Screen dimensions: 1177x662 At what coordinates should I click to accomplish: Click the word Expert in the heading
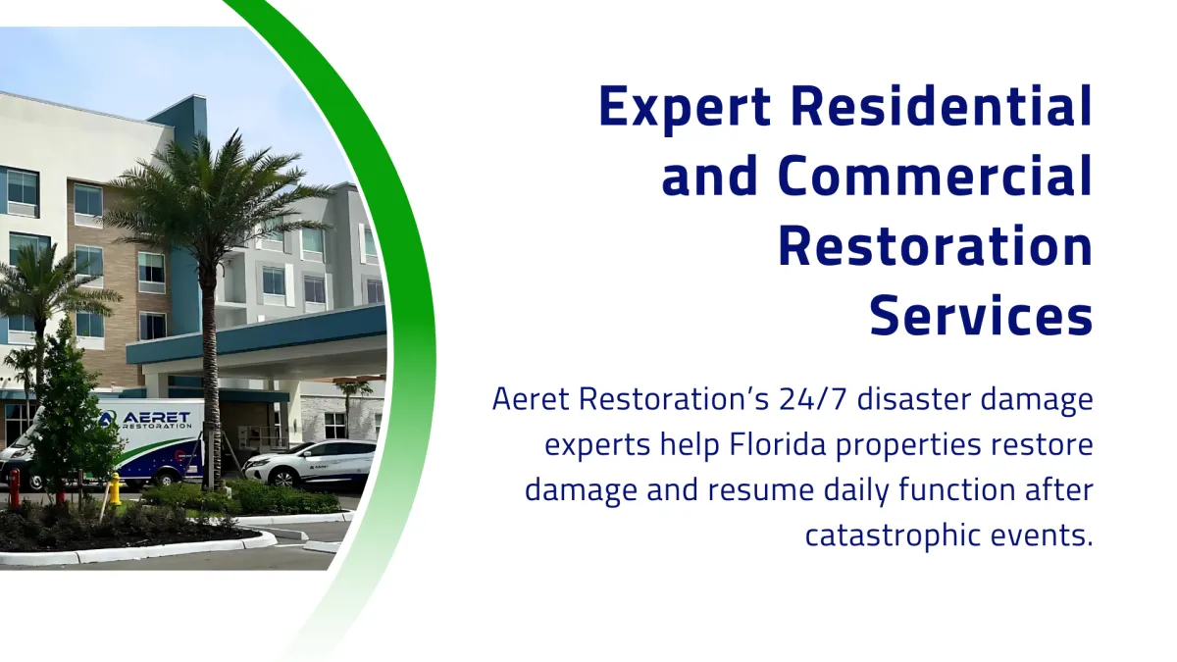[685, 109]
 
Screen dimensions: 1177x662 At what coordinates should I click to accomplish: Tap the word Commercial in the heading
[936, 176]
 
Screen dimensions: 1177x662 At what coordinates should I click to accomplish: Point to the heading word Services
[981, 315]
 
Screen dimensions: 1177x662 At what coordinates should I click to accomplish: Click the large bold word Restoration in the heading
[936, 245]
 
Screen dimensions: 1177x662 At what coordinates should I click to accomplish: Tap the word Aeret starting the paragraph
[531, 399]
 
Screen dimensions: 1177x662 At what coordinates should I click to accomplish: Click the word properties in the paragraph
[908, 446]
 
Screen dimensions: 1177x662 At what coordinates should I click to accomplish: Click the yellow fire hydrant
[115, 488]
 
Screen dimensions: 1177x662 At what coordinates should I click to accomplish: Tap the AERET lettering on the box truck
[157, 417]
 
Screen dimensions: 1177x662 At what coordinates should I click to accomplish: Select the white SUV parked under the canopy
[310, 465]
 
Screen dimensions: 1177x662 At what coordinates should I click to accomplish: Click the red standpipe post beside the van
[14, 488]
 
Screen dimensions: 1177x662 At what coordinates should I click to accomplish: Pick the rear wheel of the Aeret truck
[166, 478]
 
